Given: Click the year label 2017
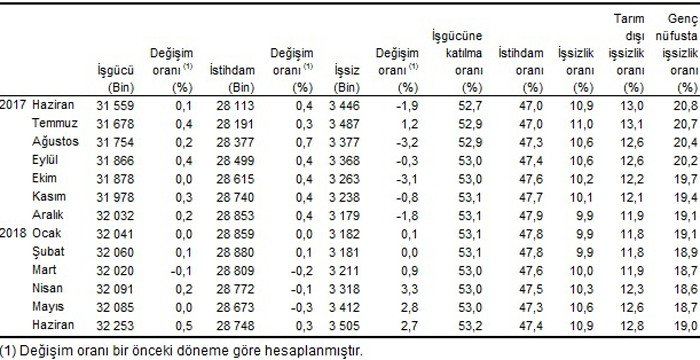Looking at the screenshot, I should (x=13, y=104).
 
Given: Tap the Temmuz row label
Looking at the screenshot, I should (x=54, y=122).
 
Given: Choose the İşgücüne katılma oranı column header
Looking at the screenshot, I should (x=450, y=61).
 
